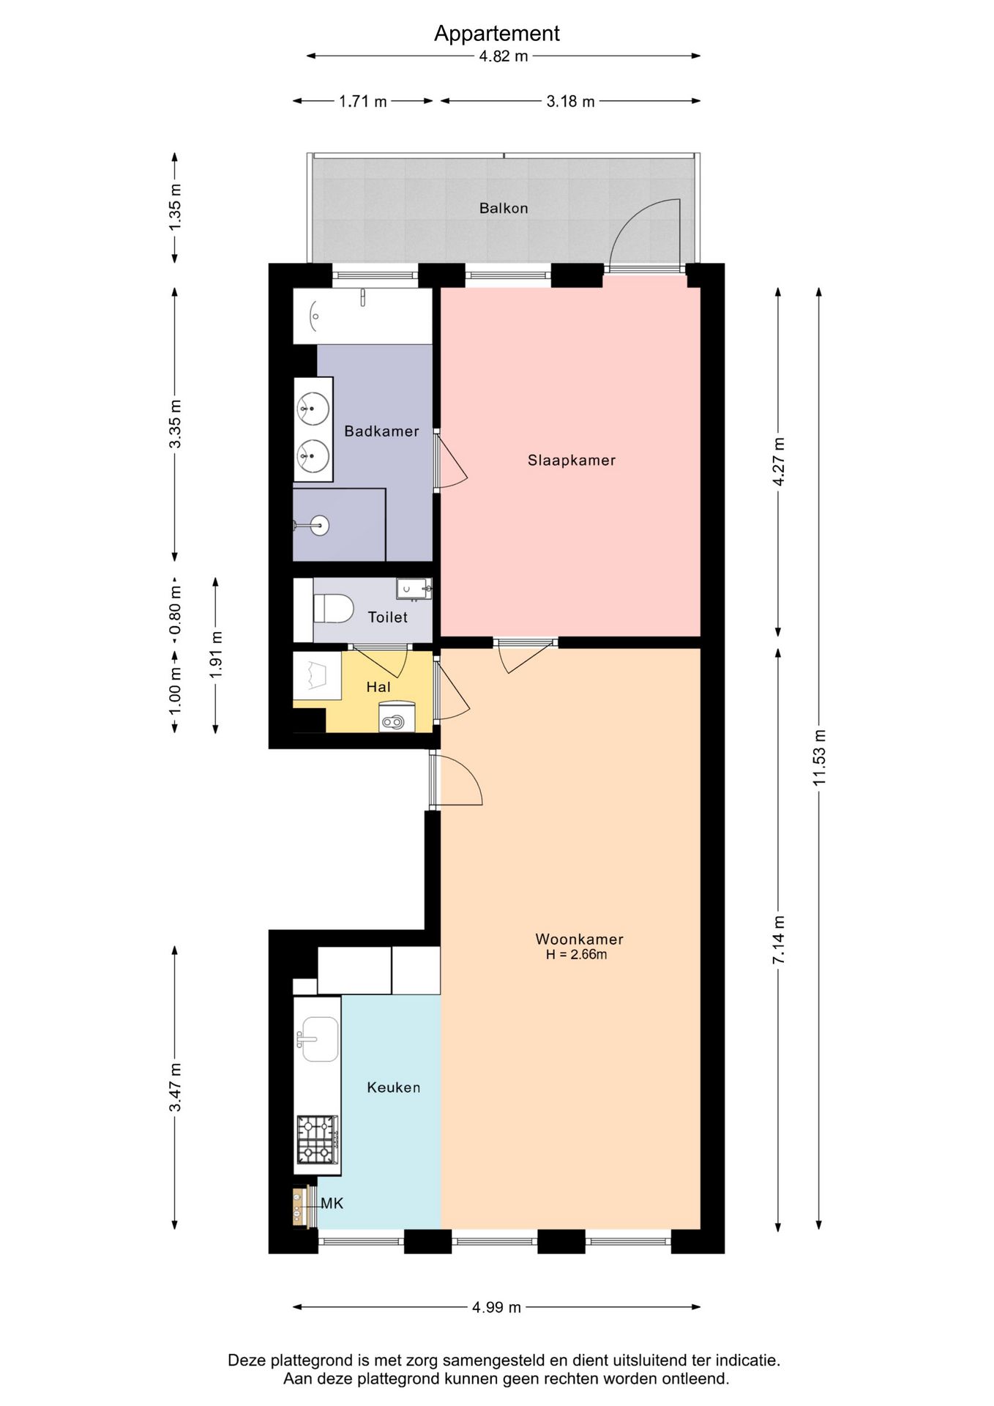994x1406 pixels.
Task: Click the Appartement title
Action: tap(496, 34)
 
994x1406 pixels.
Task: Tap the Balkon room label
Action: tap(504, 208)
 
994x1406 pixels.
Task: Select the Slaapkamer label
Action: tap(572, 461)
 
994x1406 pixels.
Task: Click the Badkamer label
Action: tap(381, 431)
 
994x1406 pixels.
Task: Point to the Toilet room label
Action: tap(387, 617)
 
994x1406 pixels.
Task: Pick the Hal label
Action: tap(378, 687)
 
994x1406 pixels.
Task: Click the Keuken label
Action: tap(394, 1087)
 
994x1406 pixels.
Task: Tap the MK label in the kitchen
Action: tap(332, 1203)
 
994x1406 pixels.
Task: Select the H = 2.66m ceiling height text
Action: tap(576, 955)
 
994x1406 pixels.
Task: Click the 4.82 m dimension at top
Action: tap(504, 56)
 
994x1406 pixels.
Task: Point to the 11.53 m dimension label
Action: tap(819, 758)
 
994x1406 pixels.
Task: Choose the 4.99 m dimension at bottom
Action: tap(496, 1307)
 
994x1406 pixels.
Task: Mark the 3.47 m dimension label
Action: tap(175, 1087)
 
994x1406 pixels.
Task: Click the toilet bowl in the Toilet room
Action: tap(333, 609)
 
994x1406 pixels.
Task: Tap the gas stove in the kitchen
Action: tap(318, 1139)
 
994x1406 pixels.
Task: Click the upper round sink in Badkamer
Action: tap(313, 408)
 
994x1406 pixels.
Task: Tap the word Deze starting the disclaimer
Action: tap(247, 1361)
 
